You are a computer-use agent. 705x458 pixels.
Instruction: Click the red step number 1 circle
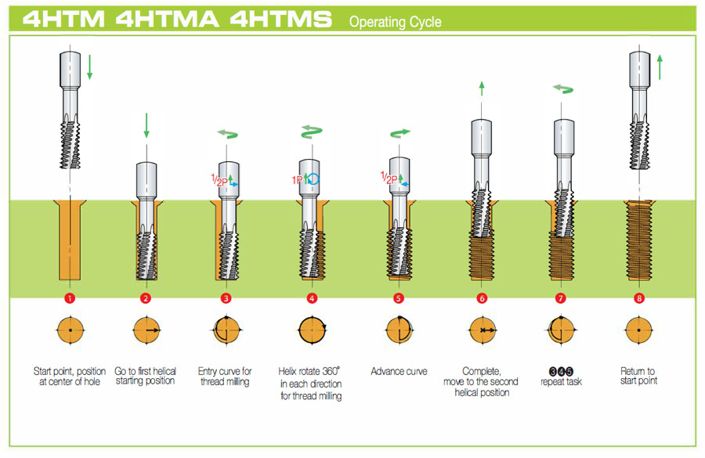point(70,298)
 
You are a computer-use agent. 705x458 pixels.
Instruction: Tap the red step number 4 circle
point(313,298)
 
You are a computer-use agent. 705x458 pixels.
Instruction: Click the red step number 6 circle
point(482,298)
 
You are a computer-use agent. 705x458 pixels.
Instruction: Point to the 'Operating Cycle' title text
point(395,22)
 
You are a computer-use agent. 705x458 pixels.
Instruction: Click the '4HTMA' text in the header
point(168,20)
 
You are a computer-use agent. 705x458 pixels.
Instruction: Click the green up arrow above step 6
point(481,88)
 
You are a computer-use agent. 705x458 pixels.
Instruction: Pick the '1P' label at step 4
point(298,179)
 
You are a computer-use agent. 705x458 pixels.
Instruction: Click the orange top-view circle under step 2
point(146,330)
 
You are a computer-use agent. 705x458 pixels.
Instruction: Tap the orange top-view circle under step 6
point(481,330)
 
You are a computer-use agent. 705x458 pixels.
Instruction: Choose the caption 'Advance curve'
point(399,371)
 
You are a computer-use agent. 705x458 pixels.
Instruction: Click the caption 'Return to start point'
point(638,377)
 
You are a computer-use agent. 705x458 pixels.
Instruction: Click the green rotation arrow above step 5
point(399,134)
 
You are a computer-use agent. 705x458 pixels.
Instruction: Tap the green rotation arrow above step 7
point(562,90)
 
